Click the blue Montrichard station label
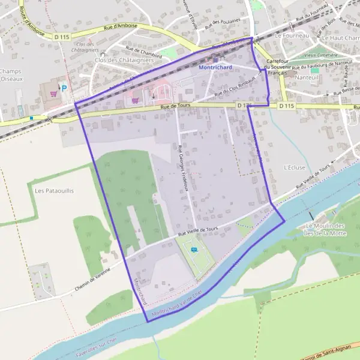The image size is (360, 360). (x=215, y=68)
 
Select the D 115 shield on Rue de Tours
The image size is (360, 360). (x=286, y=106)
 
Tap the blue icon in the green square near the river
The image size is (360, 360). (x=193, y=250)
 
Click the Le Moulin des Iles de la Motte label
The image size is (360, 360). (x=325, y=229)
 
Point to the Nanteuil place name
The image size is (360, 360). (x=307, y=77)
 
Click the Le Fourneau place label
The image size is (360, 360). (x=291, y=36)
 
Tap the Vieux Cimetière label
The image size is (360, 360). (x=320, y=55)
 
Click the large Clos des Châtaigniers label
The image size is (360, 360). (x=121, y=61)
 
